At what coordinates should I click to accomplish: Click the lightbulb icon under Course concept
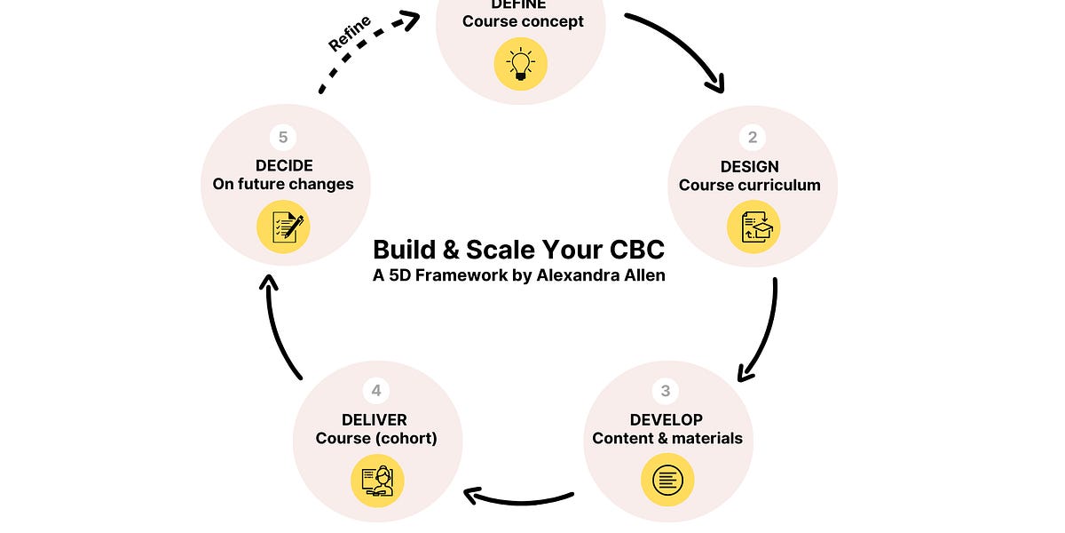point(520,64)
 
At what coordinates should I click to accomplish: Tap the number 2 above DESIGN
point(753,138)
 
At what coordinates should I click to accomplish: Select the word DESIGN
point(750,166)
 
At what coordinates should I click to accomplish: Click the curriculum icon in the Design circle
point(753,227)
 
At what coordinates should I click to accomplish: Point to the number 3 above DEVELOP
point(666,391)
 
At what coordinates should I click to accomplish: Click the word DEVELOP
point(667,419)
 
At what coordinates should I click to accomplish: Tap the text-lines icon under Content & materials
point(667,480)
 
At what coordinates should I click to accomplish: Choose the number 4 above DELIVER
point(376,391)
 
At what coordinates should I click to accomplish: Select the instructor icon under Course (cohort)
point(377,480)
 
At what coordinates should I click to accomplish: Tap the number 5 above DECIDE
point(283,138)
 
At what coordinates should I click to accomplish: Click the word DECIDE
point(283,166)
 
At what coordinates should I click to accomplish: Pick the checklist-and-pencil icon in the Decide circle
point(283,227)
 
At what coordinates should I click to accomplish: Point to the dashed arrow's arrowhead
point(410,20)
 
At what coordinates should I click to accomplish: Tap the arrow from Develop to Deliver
point(519,496)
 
